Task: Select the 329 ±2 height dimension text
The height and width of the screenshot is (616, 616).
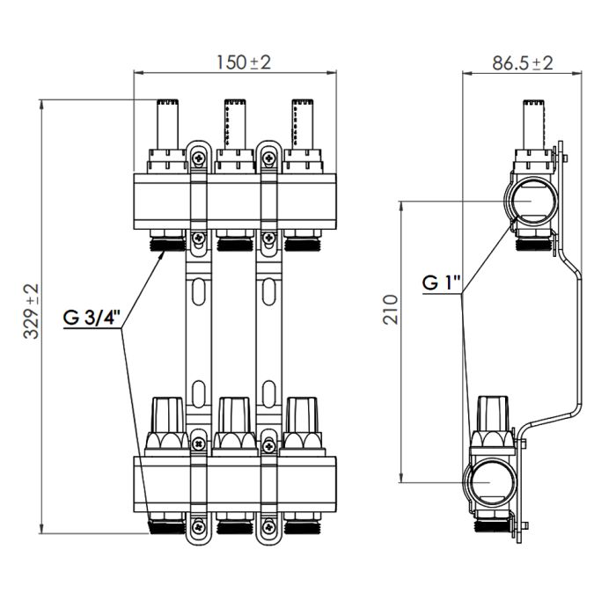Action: click(32, 313)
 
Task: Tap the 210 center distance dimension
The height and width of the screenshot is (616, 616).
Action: click(392, 310)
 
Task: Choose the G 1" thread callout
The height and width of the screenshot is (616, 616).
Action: click(440, 283)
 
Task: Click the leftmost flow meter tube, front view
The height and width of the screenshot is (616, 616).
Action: click(165, 123)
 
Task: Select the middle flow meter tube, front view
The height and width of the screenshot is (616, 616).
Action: click(233, 123)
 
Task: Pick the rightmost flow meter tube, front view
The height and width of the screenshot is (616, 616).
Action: click(300, 123)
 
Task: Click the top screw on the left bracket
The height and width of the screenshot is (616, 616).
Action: click(198, 158)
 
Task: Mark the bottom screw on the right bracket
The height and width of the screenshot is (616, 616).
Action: click(267, 527)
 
